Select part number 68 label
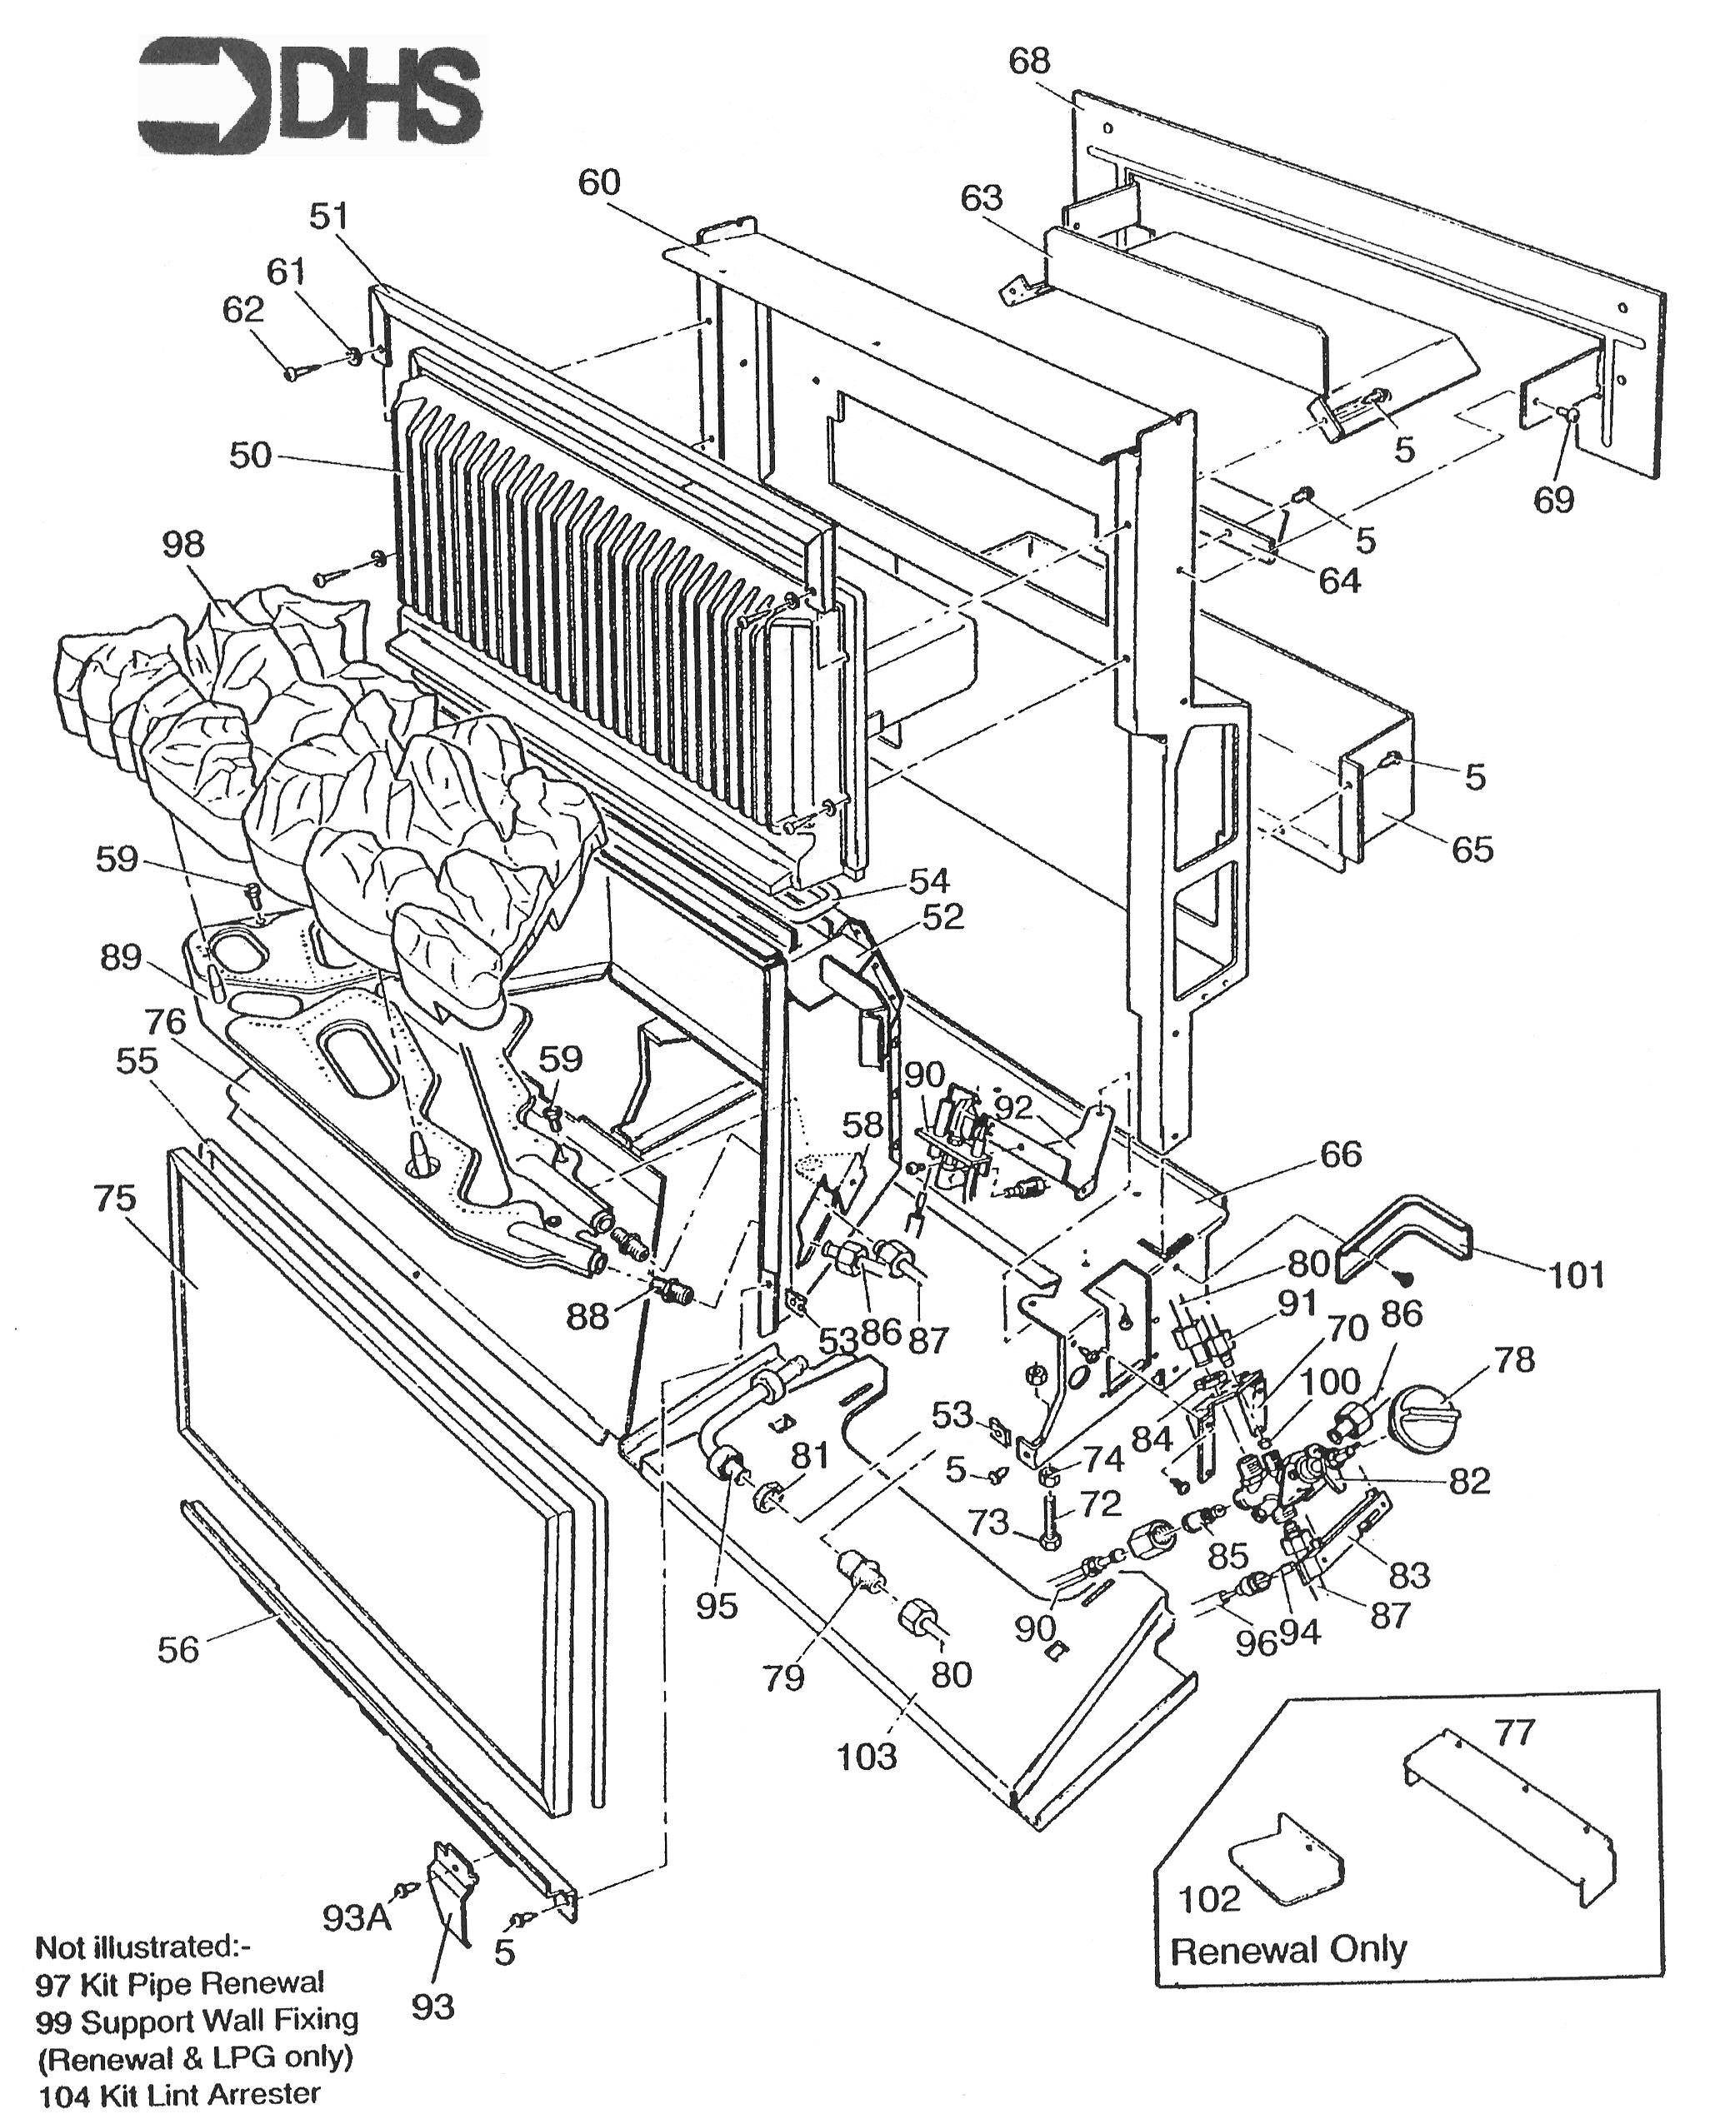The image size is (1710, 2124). pyautogui.click(x=1029, y=61)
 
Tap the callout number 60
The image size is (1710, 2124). pyautogui.click(x=599, y=183)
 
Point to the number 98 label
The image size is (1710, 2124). pyautogui.click(x=183, y=544)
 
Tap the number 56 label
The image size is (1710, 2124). pyautogui.click(x=177, y=1649)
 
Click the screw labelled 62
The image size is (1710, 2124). pyautogui.click(x=296, y=372)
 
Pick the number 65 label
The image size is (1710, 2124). pyautogui.click(x=1472, y=850)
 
